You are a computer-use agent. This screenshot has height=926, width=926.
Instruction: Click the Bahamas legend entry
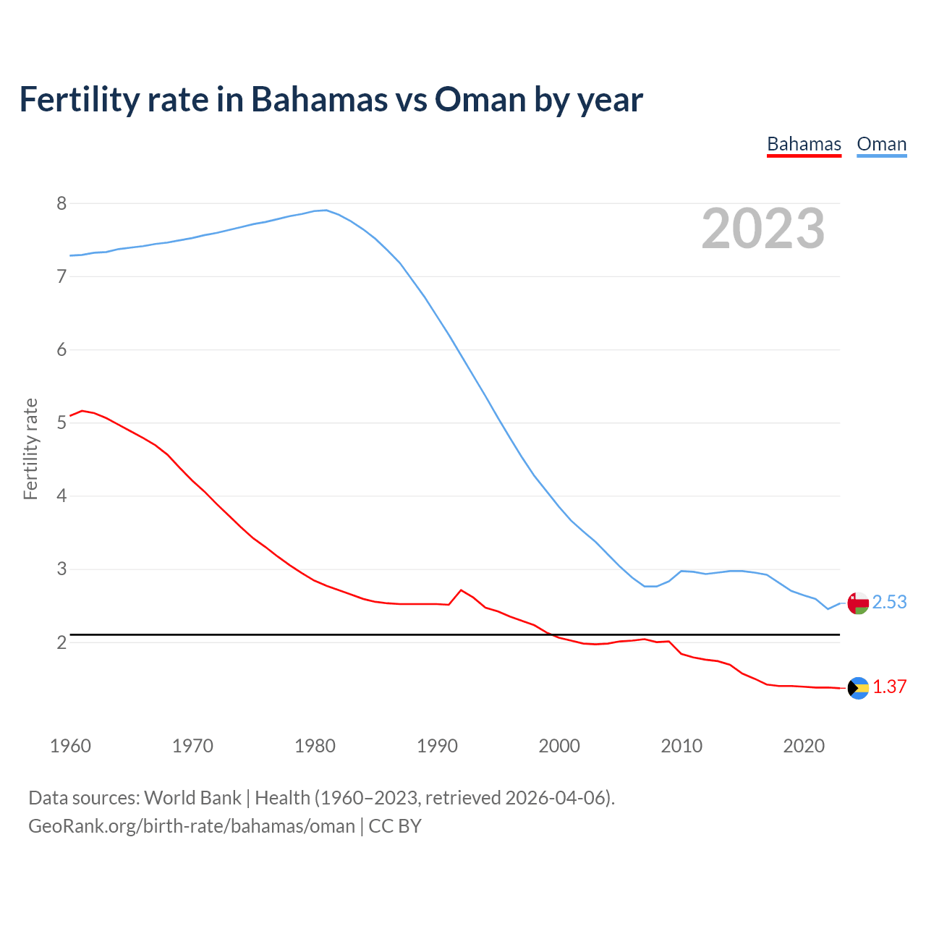tap(804, 144)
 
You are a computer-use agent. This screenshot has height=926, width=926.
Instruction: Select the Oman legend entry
tap(881, 144)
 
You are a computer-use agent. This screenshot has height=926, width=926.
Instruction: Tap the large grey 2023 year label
tap(763, 229)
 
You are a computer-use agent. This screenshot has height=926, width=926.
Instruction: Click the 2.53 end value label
tap(889, 602)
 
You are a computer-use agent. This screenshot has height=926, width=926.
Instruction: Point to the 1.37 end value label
tap(889, 687)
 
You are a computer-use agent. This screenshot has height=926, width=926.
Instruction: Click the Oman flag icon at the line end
tap(858, 603)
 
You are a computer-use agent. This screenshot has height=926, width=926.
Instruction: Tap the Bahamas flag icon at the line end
tap(858, 688)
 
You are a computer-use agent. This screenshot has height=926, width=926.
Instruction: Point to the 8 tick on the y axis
tap(61, 203)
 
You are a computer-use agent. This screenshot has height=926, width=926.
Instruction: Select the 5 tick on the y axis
tap(61, 422)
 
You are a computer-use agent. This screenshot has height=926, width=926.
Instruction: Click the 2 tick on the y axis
tap(61, 642)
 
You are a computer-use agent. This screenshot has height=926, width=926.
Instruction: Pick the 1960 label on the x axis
tap(70, 746)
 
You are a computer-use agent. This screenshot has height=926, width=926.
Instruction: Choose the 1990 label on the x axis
tap(437, 746)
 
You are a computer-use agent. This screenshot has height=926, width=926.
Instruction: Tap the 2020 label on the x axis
tap(804, 746)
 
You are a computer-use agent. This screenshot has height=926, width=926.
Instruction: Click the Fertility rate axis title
tap(30, 449)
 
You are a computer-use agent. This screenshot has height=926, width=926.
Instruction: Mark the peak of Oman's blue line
tap(326, 210)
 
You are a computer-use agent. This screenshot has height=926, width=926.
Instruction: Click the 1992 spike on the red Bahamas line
tap(461, 590)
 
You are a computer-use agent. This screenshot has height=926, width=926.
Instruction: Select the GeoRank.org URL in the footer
tap(192, 826)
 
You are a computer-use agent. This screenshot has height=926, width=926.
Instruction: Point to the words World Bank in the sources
tap(192, 798)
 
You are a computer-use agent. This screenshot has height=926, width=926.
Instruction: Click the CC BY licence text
tap(395, 826)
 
